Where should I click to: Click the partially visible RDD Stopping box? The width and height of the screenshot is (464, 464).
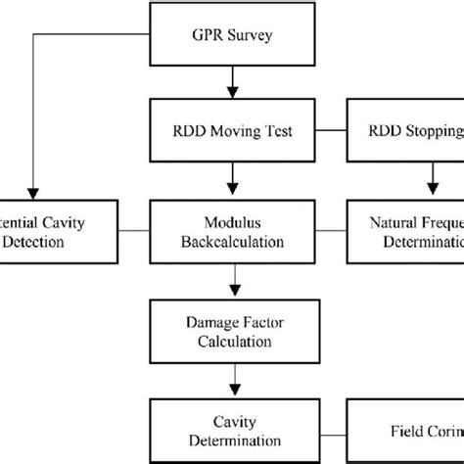click(405, 130)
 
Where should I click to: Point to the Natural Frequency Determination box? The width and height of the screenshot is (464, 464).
click(405, 231)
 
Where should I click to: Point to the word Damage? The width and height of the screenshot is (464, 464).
click(208, 322)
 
